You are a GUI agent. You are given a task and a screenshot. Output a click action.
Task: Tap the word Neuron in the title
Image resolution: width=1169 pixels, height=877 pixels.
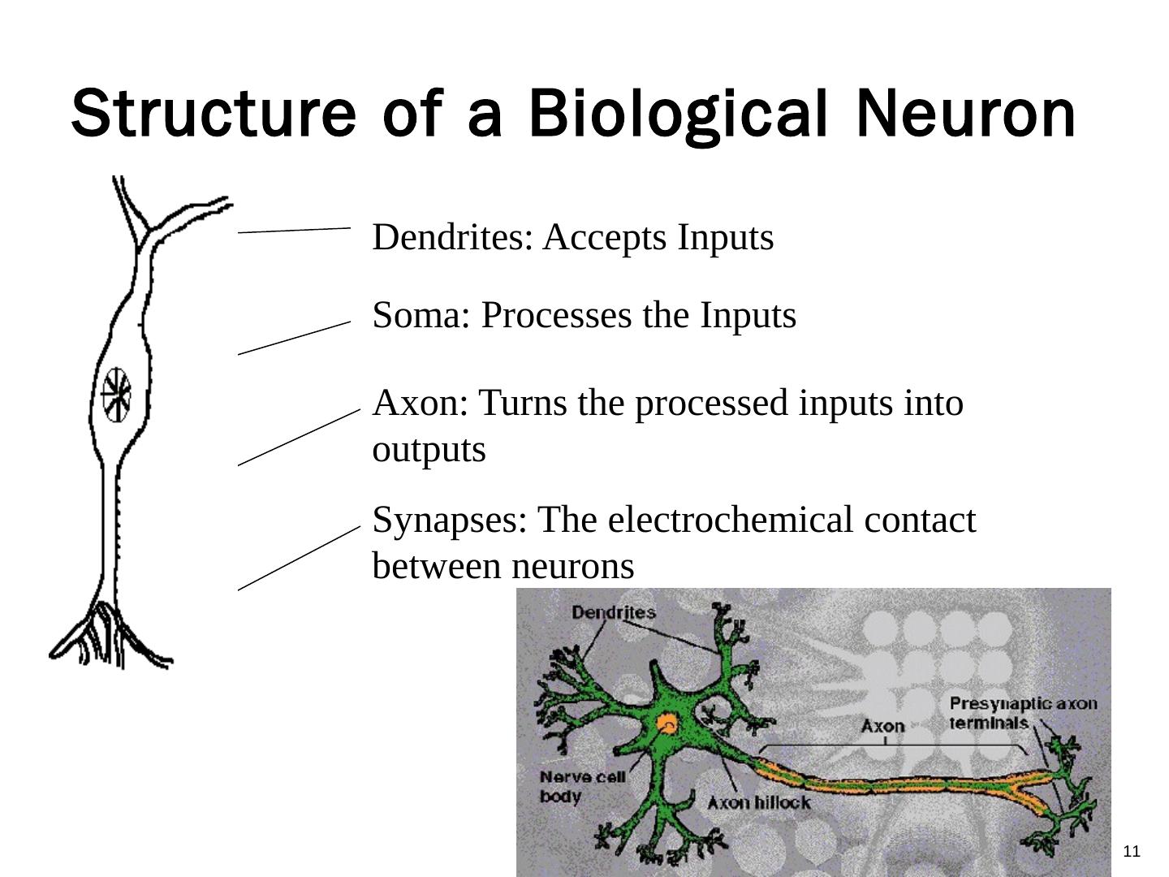966,114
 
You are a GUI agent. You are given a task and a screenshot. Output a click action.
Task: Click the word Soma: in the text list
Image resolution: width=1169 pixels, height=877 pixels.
421,315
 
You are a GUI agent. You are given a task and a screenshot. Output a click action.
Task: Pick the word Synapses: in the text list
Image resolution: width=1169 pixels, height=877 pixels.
450,520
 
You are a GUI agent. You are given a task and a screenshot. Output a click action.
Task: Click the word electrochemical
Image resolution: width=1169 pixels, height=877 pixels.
731,520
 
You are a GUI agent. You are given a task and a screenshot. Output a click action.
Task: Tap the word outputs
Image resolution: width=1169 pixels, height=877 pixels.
429,450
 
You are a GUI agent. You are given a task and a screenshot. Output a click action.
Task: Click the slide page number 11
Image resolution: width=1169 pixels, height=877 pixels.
1132,851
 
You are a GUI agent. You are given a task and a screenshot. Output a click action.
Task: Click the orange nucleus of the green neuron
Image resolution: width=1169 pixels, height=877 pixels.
667,724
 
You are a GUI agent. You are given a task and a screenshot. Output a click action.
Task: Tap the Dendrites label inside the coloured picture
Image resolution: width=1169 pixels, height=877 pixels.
613,612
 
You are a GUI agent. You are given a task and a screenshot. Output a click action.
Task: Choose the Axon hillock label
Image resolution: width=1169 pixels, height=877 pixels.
758,803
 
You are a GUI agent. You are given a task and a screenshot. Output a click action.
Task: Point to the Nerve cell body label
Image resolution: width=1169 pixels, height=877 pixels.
582,786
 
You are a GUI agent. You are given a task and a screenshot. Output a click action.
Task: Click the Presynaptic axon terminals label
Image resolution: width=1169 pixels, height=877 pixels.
1022,713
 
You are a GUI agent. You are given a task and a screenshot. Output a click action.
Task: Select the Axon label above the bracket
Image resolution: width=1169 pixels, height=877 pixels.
882,725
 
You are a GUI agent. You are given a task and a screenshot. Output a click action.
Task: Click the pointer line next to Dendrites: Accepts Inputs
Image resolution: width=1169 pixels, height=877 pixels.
294,231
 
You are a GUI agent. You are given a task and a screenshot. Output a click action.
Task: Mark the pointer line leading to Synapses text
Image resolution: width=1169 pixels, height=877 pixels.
299,558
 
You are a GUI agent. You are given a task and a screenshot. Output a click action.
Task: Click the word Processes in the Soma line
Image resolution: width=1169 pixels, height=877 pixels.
556,315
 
